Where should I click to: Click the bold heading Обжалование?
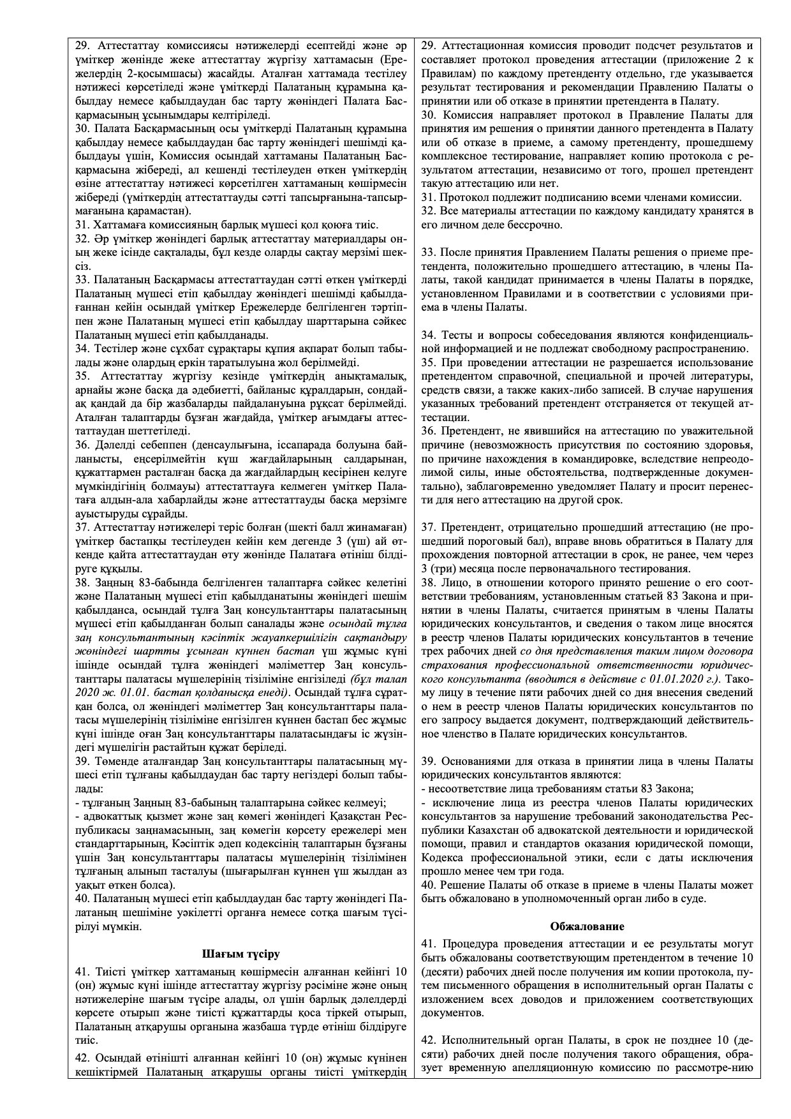(586, 926)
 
